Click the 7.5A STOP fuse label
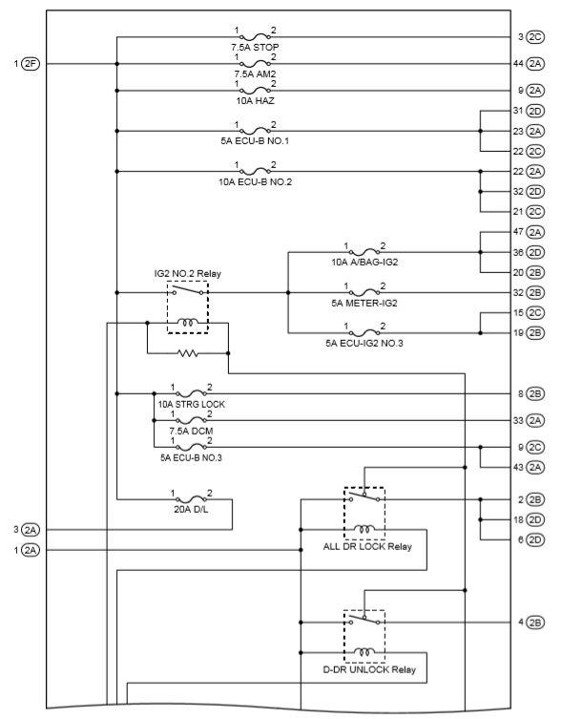tap(255, 47)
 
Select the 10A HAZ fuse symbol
tap(255, 90)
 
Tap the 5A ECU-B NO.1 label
tap(255, 141)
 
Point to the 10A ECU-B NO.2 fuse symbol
tap(255, 170)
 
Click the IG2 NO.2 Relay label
tap(187, 274)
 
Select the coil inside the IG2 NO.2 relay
tap(187, 322)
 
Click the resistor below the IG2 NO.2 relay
tap(187, 353)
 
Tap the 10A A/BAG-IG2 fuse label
tap(364, 263)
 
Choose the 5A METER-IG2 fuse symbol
tap(364, 291)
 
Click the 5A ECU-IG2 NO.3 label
tap(364, 344)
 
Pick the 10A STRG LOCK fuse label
tap(191, 405)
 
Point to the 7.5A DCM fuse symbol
tap(191, 419)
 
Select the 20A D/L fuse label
tap(191, 510)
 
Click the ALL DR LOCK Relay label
tap(367, 546)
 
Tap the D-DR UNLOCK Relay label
tap(369, 669)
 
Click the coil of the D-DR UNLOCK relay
tap(364, 651)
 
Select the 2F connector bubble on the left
tap(31, 64)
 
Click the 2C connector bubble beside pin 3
tap(535, 37)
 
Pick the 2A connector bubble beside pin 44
tap(535, 64)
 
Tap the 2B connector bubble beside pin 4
tap(535, 623)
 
